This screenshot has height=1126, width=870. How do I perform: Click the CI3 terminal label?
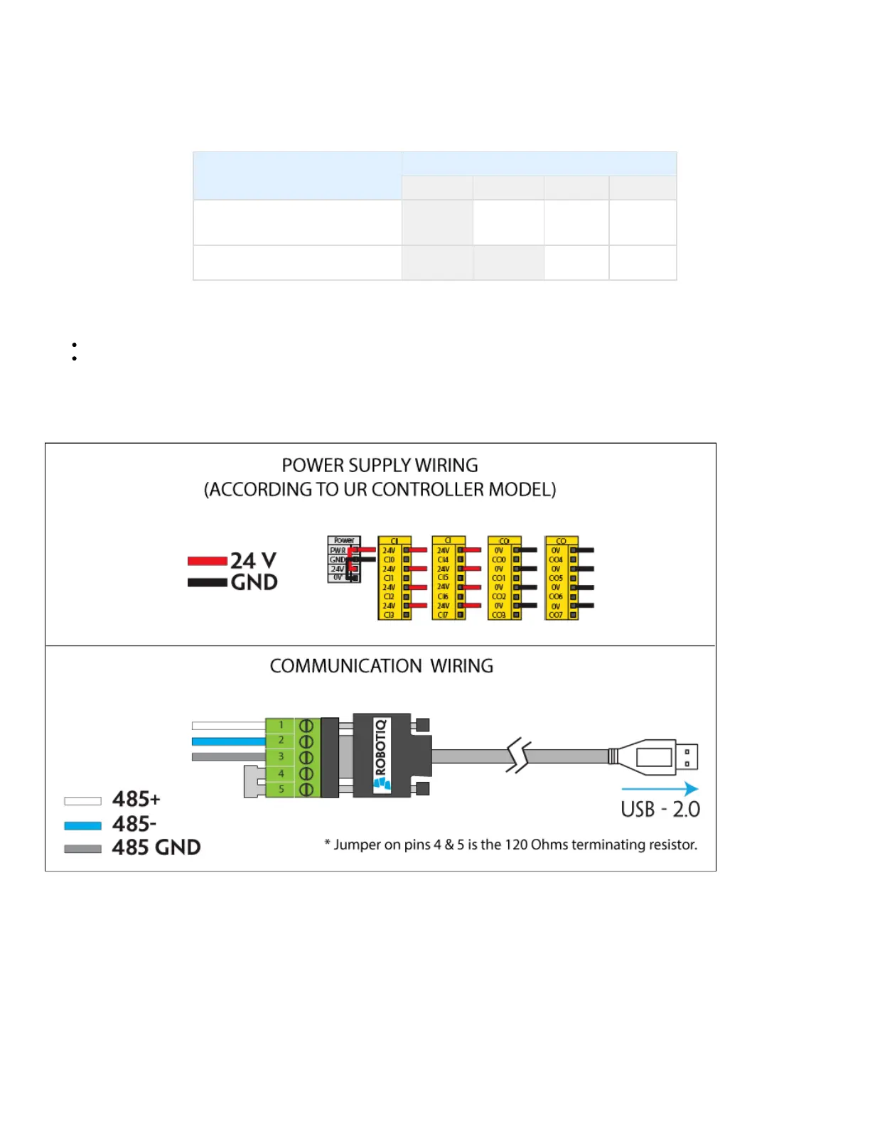tap(389, 615)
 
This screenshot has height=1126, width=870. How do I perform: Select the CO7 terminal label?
tap(556, 615)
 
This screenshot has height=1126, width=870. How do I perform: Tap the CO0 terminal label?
tap(499, 559)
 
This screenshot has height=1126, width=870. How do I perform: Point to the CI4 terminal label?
tap(443, 559)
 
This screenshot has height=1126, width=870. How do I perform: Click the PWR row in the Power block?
tap(338, 550)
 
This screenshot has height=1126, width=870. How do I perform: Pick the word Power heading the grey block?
tap(344, 540)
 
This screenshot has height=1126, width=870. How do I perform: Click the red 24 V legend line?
tap(207, 561)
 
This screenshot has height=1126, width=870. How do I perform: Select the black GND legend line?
tap(207, 582)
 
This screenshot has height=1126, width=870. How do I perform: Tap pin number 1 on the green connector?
tap(281, 725)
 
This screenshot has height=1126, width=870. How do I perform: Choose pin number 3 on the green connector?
tap(281, 756)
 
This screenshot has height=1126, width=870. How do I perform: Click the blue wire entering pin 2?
tap(227, 741)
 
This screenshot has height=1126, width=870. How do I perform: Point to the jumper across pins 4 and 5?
tap(250, 781)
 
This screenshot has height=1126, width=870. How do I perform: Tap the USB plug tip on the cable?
tap(687, 757)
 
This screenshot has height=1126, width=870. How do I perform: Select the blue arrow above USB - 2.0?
tap(659, 788)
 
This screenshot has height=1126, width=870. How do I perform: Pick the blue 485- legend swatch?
tap(82, 825)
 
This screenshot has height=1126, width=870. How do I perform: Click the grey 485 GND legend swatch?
tap(82, 849)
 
